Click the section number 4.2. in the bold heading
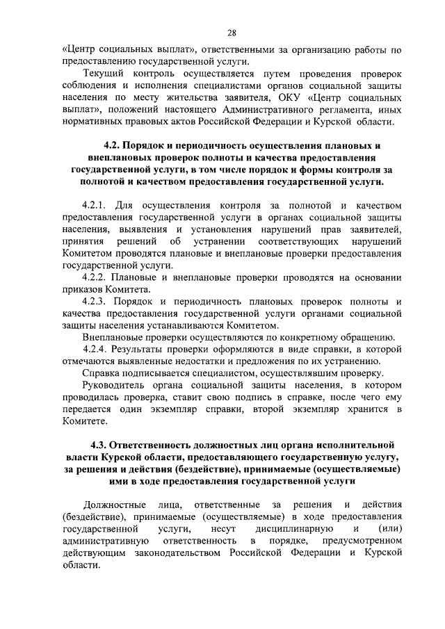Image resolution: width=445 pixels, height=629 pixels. coord(113,146)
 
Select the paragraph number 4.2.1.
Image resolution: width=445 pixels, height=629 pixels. coord(93,204)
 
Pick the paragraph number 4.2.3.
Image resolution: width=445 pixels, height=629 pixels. coord(93,302)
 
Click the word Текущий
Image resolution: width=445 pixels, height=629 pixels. coord(102,74)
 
